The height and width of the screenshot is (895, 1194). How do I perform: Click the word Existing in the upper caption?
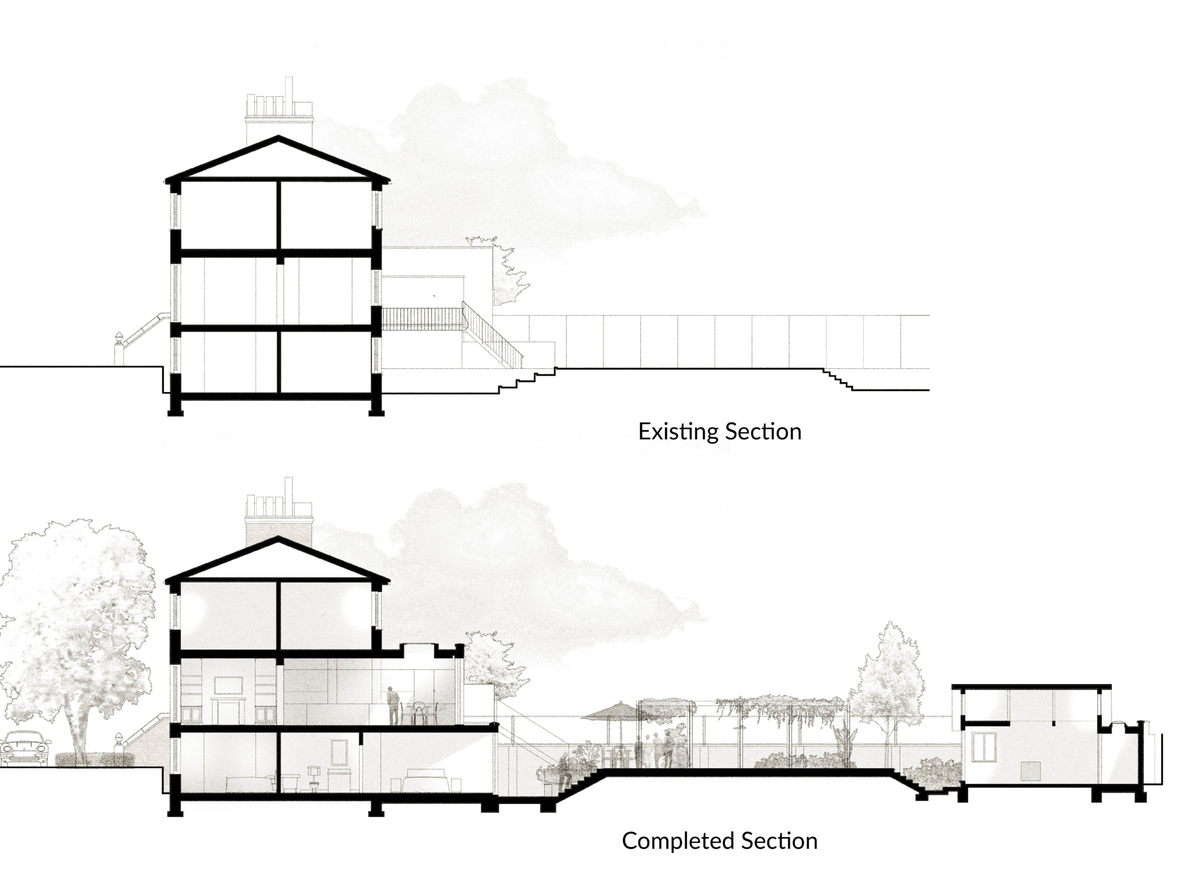679,432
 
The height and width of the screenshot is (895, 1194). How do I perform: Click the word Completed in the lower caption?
679,841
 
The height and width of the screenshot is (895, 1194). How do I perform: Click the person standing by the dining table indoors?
394,705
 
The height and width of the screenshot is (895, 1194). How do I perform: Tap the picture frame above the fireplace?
229,686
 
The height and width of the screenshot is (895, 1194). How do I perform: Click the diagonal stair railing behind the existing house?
492,335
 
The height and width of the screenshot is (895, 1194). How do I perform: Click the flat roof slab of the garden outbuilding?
1031,686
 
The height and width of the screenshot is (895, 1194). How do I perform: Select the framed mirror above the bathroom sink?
339,751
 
